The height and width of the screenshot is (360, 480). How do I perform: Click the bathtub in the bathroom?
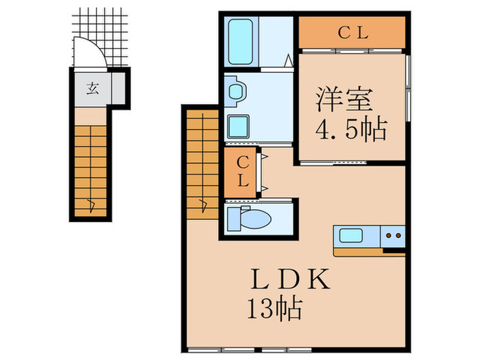pyautogui.click(x=241, y=42)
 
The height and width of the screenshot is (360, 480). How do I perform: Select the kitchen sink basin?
pyautogui.click(x=351, y=235)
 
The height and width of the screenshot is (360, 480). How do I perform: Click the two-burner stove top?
pyautogui.click(x=393, y=236)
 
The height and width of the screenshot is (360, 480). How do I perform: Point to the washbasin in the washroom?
pyautogui.click(x=236, y=91)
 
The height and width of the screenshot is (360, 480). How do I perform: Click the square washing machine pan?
pyautogui.click(x=239, y=126)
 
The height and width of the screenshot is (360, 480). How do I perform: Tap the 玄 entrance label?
pyautogui.click(x=93, y=89)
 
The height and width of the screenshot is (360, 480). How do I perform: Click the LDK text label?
pyautogui.click(x=291, y=279)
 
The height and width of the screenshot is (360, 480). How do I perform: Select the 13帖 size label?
pyautogui.click(x=274, y=309)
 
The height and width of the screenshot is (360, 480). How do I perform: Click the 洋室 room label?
pyautogui.click(x=344, y=99)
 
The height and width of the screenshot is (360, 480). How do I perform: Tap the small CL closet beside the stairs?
pyautogui.click(x=240, y=173)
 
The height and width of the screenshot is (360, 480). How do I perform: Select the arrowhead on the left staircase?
pyautogui.click(x=91, y=205)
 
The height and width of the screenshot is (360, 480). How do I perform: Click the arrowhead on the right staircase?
pyautogui.click(x=203, y=205)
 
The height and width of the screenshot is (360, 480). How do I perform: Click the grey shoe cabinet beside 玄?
pyautogui.click(x=118, y=88)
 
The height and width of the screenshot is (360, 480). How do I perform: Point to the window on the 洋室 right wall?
pyautogui.click(x=408, y=88)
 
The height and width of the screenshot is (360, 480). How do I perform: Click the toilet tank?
pyautogui.click(x=234, y=219)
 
